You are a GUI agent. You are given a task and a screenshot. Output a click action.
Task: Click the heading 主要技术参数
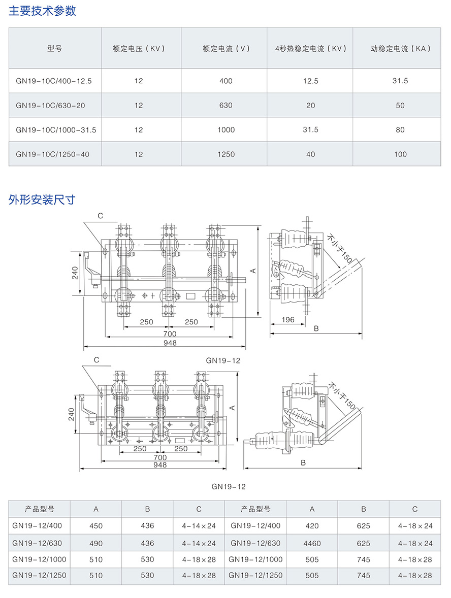[x=43, y=11]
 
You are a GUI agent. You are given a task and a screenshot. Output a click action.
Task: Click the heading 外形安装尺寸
[x=43, y=200]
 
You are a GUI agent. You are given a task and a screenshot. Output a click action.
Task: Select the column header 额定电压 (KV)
[x=139, y=49]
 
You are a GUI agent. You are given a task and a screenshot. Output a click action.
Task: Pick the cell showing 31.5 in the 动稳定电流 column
[x=400, y=81]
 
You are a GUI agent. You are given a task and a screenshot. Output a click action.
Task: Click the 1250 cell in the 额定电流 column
[x=226, y=154]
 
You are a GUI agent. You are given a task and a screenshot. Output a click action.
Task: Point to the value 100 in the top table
[x=400, y=154]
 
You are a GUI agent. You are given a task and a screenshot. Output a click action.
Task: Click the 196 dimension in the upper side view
[x=288, y=320]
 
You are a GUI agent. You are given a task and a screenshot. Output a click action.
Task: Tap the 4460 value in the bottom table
[x=312, y=543]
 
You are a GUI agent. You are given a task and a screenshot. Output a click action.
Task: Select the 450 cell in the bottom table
[x=96, y=526]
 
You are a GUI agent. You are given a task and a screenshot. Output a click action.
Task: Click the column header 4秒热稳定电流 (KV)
[x=310, y=49]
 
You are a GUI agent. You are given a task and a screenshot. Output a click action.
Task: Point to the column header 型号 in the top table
[x=55, y=49]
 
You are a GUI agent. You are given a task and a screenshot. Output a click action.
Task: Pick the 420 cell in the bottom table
[x=312, y=526]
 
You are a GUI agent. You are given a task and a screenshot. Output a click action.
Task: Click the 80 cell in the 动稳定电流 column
[x=400, y=129]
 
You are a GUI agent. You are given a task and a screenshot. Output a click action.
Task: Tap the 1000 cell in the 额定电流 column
[x=226, y=129]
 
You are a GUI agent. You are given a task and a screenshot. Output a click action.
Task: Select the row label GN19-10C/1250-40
[x=52, y=154]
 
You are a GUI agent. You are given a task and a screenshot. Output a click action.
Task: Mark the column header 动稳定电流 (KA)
[x=400, y=49]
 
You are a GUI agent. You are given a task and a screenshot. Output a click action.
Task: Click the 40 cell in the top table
[x=310, y=154]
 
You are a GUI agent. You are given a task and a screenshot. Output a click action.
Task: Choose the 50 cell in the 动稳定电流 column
[x=400, y=105]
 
